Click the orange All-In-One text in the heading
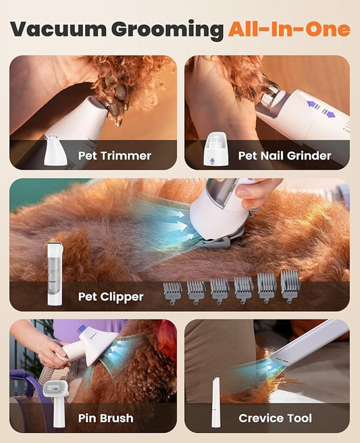click(289, 29)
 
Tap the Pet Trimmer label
click(114, 156)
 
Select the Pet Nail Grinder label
click(284, 156)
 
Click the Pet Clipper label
click(111, 296)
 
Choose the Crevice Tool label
click(275, 418)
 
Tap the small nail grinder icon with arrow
click(214, 150)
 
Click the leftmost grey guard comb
click(173, 292)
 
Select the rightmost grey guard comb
click(290, 286)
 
